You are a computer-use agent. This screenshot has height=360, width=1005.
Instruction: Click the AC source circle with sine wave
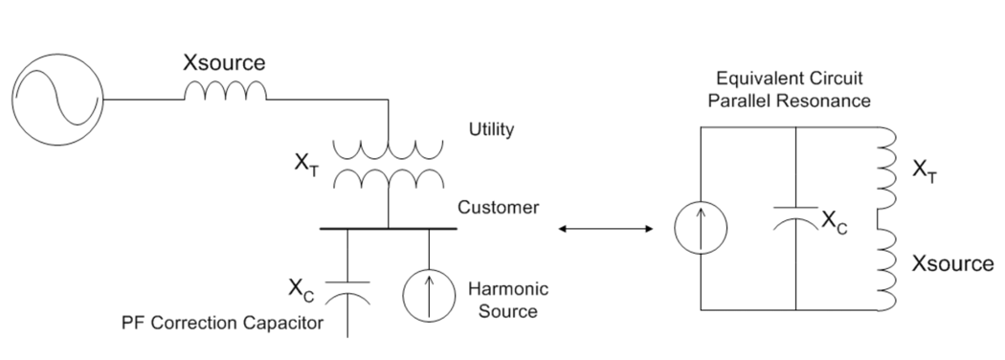pos(58,99)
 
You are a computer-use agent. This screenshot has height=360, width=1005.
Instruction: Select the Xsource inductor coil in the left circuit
pos(225,91)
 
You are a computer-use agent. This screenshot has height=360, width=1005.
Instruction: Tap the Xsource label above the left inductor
pos(225,63)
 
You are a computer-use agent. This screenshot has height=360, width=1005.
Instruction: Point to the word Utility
pos(491,130)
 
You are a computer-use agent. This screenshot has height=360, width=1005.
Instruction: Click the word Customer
pos(499,207)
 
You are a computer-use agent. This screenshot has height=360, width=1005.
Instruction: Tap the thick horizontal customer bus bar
pos(388,229)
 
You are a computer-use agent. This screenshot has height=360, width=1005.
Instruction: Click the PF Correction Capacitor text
pos(222,324)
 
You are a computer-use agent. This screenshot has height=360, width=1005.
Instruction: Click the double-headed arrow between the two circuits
pos(605,229)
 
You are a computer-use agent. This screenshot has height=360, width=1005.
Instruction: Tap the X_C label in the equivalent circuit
pos(834,221)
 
